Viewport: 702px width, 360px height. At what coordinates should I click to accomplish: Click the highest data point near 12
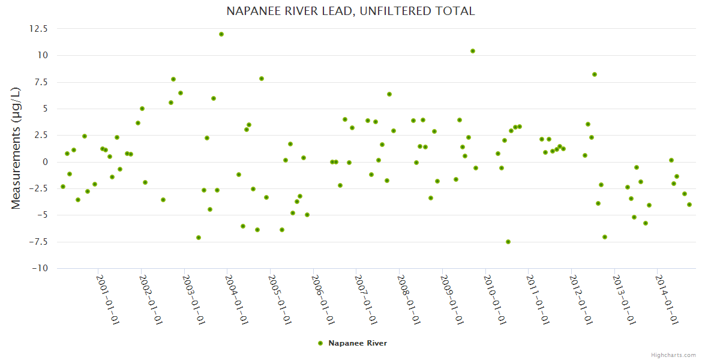[x=221, y=34]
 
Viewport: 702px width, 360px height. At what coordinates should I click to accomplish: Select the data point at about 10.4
[x=473, y=51]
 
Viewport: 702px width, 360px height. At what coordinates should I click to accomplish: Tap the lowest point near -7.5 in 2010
[x=508, y=242]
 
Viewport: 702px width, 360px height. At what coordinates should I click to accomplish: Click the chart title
[x=350, y=11]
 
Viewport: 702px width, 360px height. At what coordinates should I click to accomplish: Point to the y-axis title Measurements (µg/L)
[x=16, y=148]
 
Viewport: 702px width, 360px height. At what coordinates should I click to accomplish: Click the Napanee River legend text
[x=358, y=343]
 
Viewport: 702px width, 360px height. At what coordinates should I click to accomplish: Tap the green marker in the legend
[x=320, y=343]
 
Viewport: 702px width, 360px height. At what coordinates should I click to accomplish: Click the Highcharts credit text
[x=673, y=355]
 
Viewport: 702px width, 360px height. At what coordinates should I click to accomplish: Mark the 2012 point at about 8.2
[x=595, y=74]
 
